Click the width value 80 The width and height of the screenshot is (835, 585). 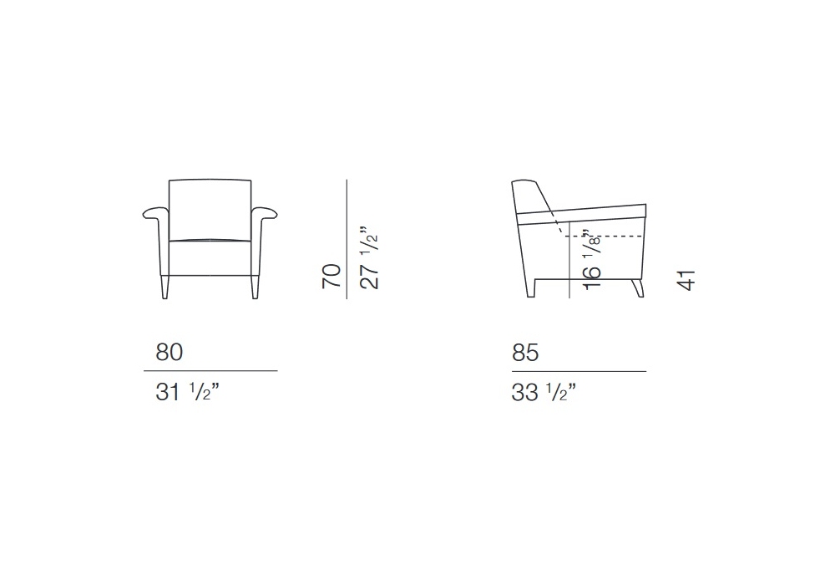(x=170, y=352)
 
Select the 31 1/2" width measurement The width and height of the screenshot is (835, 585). (x=187, y=392)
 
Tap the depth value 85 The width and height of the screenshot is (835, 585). (x=525, y=353)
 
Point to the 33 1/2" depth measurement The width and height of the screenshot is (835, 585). (x=544, y=393)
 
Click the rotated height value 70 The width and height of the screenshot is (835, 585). (x=331, y=276)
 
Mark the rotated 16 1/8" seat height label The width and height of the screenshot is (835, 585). (x=592, y=260)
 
